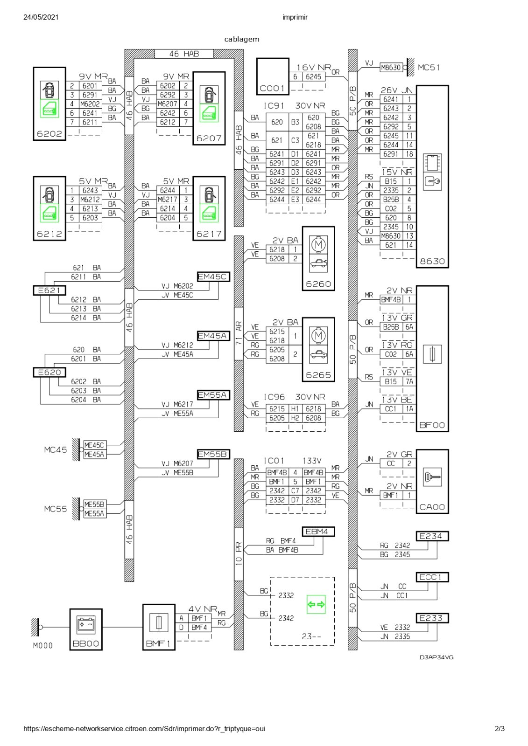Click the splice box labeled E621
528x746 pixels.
49,290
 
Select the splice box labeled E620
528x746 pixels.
49,373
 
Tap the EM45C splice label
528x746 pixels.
213,276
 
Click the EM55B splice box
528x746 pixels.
213,454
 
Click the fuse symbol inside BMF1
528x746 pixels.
159,622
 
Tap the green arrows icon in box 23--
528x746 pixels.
316,604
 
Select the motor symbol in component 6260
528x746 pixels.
318,245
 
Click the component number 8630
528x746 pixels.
432,262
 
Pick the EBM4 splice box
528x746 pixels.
318,532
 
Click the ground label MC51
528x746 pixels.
429,68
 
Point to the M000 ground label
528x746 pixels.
42,646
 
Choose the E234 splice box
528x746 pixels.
432,536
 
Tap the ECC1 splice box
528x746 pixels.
432,577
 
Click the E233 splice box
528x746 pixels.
432,618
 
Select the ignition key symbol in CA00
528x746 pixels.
432,477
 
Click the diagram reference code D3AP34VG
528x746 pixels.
436,657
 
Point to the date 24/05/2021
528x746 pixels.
41,17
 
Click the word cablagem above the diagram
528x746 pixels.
241,39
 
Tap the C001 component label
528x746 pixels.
272,88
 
